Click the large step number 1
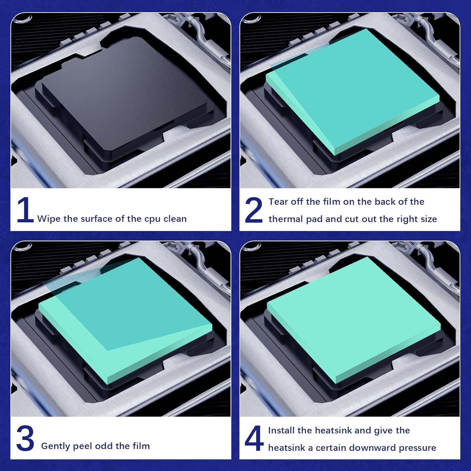25,210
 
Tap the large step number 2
253,210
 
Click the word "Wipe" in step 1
49,219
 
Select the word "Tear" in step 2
278,202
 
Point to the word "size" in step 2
429,219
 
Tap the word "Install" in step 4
281,430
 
